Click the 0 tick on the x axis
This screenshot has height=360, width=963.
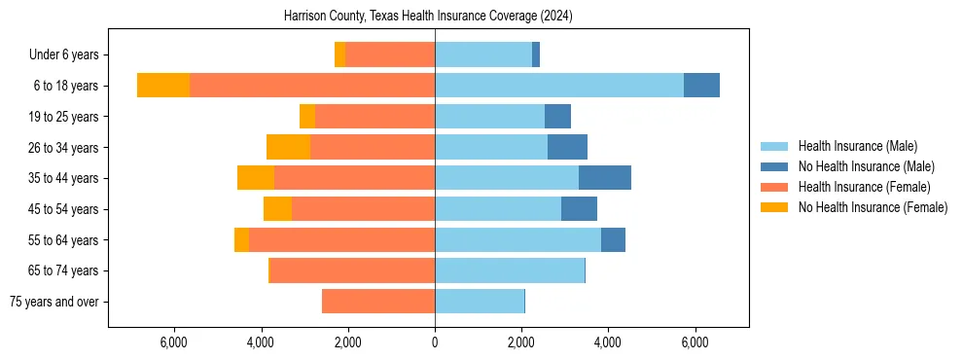[x=435, y=342]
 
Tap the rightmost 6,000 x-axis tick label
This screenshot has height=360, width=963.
[x=695, y=342]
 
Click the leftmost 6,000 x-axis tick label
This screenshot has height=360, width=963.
[x=173, y=342]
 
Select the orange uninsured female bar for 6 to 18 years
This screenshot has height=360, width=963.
[x=163, y=86]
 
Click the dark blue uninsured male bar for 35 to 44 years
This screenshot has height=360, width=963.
[x=605, y=178]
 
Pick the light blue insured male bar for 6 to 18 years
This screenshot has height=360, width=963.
[x=559, y=86]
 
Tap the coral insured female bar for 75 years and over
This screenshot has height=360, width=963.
[x=378, y=302]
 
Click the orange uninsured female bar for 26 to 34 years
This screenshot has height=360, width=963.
[x=288, y=147]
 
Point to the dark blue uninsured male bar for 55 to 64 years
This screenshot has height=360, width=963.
[x=613, y=239]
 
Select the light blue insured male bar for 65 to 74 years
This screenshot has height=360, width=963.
[x=510, y=270]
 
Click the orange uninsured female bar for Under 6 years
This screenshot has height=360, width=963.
[x=339, y=55]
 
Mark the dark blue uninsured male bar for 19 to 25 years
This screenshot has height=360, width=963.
[x=557, y=117]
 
